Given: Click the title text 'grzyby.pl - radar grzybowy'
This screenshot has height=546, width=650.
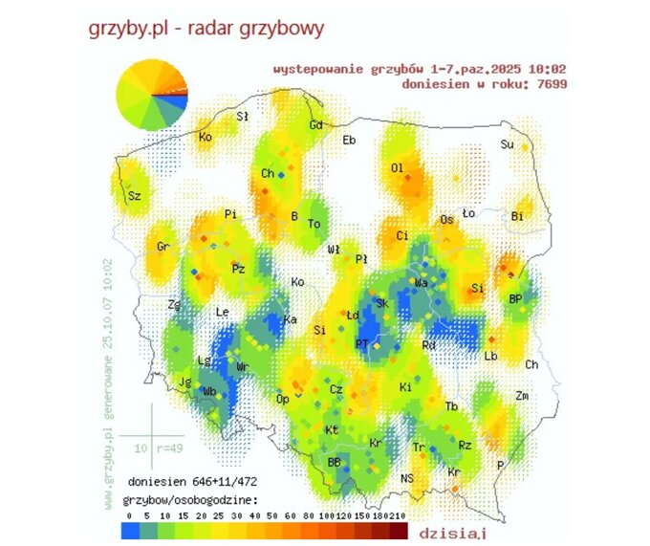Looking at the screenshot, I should coord(206,28).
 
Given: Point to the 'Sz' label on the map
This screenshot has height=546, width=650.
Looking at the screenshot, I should coord(134,196).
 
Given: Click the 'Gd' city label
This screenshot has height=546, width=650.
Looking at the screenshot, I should coord(315,126).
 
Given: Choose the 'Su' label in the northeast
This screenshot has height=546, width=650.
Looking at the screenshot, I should coord(508,144).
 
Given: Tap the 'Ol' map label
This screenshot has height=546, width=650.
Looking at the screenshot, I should coord(397,167).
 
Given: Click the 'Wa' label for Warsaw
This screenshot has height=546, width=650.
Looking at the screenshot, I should coord(422,283).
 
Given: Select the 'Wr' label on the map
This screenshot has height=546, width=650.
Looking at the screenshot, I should coord(243,366).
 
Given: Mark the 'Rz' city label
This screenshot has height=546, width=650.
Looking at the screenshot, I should coord(466,445).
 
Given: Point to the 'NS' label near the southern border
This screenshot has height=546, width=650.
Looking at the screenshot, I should coord(407,477).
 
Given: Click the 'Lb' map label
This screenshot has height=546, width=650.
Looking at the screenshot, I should coord(491,356).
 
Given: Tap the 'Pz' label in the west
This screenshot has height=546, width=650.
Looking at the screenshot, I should coord(238,270).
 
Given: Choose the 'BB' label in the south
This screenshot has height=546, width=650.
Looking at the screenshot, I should coord(335,462).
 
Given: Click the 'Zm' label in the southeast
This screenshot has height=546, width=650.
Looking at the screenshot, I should coord(522,395).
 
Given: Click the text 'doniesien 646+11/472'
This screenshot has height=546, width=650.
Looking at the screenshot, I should coord(191,482).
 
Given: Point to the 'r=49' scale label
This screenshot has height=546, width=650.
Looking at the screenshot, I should coord(165,447).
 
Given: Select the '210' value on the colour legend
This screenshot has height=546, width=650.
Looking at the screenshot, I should coord(398,513).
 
